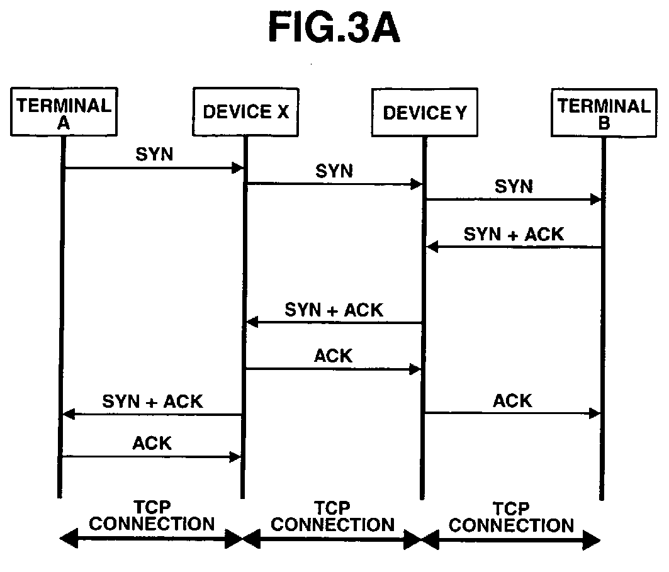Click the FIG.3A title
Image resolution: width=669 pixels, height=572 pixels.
click(x=334, y=27)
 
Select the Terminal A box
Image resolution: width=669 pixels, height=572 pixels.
click(x=64, y=112)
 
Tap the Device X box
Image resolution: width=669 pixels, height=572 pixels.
click(x=245, y=112)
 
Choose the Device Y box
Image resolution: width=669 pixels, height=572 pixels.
click(x=425, y=113)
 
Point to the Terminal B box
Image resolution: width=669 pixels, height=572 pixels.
click(x=604, y=113)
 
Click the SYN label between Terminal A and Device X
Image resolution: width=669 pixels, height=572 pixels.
click(x=154, y=154)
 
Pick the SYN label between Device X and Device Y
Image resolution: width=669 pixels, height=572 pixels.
click(x=334, y=171)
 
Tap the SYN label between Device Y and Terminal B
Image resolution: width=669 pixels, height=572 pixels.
click(x=514, y=186)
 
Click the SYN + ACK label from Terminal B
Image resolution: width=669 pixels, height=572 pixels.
click(x=514, y=234)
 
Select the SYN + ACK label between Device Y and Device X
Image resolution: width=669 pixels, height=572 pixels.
click(x=334, y=310)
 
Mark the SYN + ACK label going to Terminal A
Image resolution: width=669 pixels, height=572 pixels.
click(x=152, y=401)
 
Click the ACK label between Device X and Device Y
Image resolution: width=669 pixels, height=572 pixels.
click(x=333, y=356)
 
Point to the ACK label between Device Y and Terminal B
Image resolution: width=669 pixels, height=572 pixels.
click(x=512, y=401)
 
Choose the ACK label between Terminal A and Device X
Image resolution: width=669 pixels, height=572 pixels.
click(x=152, y=443)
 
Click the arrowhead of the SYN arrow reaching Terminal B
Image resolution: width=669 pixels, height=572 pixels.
click(x=596, y=199)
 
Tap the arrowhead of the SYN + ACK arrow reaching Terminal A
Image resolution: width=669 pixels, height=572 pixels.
click(x=69, y=414)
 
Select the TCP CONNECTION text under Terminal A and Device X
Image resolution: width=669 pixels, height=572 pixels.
click(x=152, y=516)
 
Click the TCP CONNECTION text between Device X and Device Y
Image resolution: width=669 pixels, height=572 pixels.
click(x=333, y=517)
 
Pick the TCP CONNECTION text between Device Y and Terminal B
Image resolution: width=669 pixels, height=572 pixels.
click(x=512, y=517)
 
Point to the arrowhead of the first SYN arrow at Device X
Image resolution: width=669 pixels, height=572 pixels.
click(x=237, y=168)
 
